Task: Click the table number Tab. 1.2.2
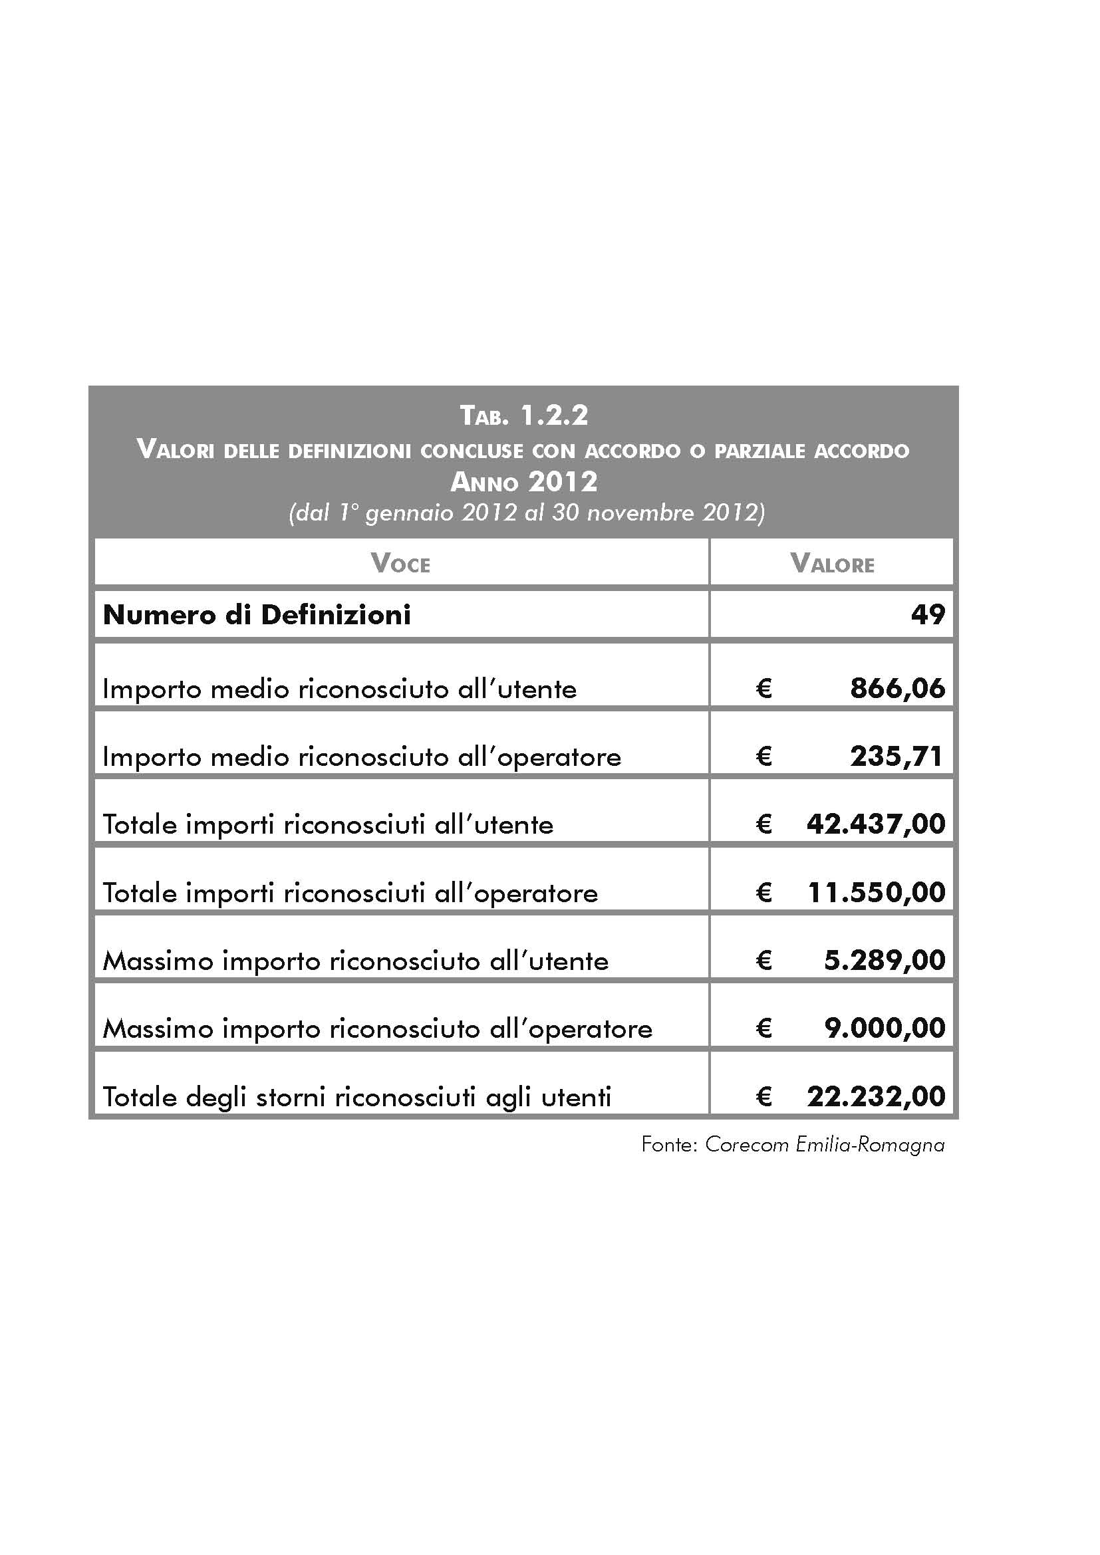(523, 415)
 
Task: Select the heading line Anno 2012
(523, 482)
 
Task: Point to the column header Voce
(400, 564)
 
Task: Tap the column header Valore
(832, 564)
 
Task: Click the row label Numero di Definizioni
(257, 615)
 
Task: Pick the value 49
(927, 615)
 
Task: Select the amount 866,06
(896, 689)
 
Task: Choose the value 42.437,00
(876, 824)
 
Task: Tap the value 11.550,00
(877, 893)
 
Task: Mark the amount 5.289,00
(884, 961)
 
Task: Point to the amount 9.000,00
(884, 1028)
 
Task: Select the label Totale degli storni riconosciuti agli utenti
(357, 1097)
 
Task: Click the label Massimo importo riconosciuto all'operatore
(377, 1029)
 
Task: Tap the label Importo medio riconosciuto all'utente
(339, 689)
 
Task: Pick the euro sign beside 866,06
(763, 689)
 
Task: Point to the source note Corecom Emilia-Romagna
(824, 1145)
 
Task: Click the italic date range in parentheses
(526, 513)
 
